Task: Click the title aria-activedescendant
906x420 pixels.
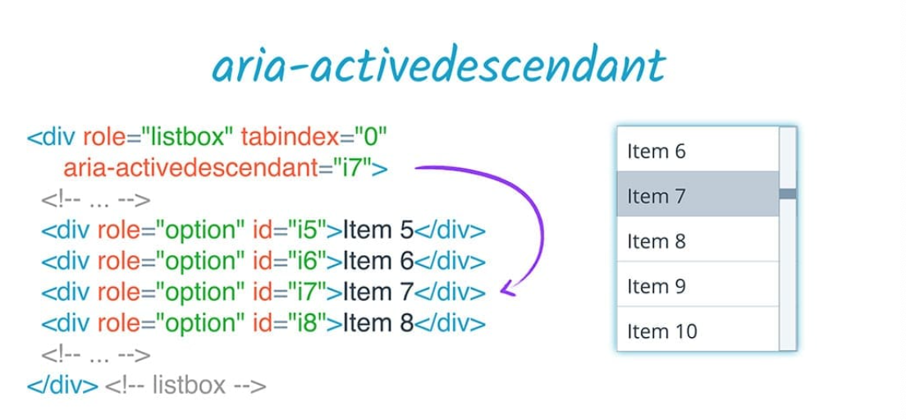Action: tap(437, 66)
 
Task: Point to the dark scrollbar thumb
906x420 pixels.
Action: tap(788, 194)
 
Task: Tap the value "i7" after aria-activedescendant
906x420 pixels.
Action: tap(351, 169)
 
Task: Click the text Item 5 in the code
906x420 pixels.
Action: tap(378, 229)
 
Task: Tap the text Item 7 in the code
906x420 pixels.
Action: tap(378, 291)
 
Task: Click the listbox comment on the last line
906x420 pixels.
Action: tap(185, 385)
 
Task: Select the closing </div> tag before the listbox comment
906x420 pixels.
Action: tap(62, 385)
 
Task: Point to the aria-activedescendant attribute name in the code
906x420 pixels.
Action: tap(190, 169)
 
